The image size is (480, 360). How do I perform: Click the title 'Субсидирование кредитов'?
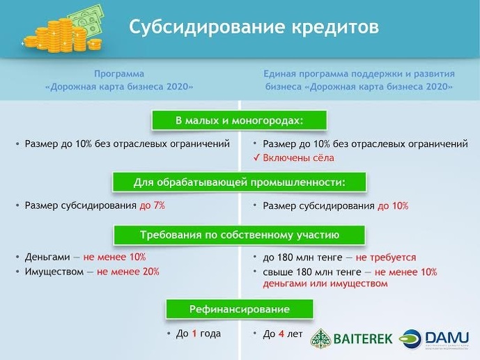click(254, 27)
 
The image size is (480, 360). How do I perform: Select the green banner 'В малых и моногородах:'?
click(239, 120)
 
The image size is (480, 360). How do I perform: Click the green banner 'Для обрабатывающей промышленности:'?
click(239, 182)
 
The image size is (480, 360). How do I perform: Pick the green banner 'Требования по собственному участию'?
click(239, 235)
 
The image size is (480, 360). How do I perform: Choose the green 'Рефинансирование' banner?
click(240, 309)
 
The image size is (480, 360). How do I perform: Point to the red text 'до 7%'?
click(152, 205)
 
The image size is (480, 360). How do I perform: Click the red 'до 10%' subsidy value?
click(393, 205)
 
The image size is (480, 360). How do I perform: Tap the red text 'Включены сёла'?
click(298, 158)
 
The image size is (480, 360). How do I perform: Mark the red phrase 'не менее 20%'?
click(128, 272)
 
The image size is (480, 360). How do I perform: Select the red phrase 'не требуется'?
click(386, 258)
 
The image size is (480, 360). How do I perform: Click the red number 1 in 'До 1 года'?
click(194, 334)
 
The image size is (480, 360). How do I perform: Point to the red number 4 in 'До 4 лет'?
click(281, 334)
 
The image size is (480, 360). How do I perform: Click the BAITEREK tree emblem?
click(321, 339)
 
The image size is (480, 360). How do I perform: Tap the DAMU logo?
click(434, 339)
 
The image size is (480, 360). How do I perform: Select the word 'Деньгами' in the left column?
click(47, 257)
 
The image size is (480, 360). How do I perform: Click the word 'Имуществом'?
click(54, 272)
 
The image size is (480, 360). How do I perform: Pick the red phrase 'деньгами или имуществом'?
click(325, 283)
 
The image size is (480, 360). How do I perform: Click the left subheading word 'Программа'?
click(118, 74)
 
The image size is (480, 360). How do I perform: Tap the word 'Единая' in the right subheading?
click(279, 74)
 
